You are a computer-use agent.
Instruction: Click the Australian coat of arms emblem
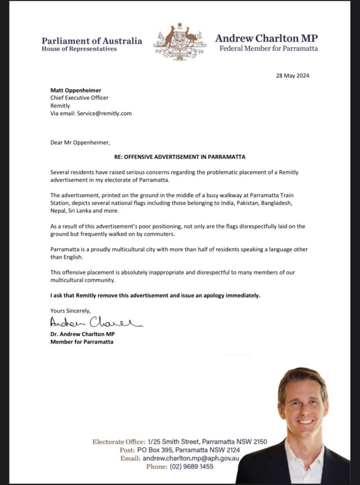point(180,41)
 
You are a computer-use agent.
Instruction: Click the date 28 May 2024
point(293,76)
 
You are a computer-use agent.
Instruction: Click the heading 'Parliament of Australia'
point(92,41)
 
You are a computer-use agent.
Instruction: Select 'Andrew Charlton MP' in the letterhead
point(266,38)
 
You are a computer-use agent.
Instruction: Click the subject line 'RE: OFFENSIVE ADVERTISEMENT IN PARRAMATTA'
point(179,157)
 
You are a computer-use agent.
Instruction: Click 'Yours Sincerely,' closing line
point(71,310)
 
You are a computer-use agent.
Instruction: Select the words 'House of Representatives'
point(79,49)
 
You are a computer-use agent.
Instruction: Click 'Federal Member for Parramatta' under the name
point(268,48)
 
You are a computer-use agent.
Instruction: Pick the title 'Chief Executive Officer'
point(79,98)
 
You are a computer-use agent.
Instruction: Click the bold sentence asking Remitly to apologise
point(155,296)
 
